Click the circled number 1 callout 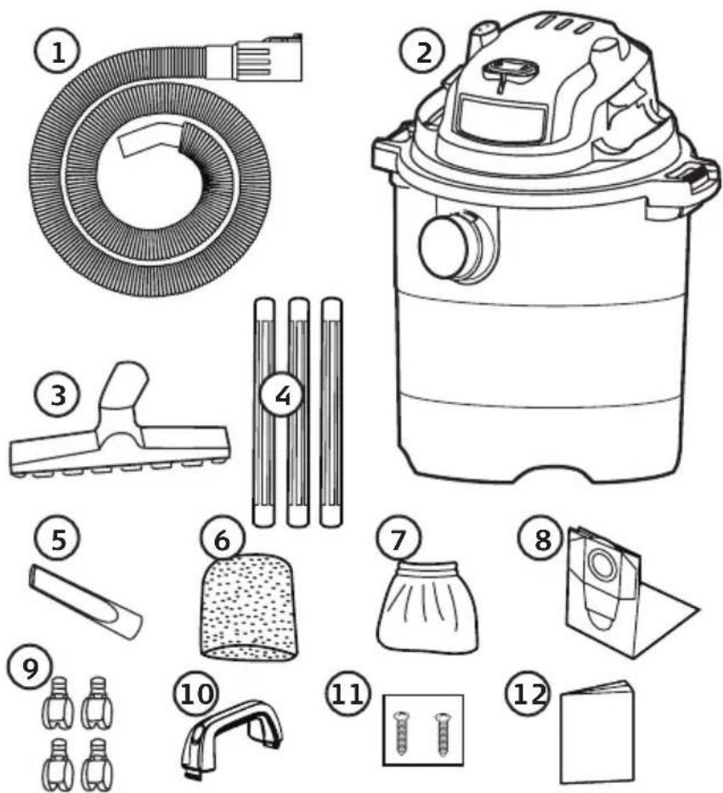pyautogui.click(x=57, y=52)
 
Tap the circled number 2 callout pyautogui.click(x=423, y=53)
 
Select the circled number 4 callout pyautogui.click(x=283, y=395)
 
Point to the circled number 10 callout pyautogui.click(x=196, y=694)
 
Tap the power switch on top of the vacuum pyautogui.click(x=511, y=70)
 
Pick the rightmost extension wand pyautogui.click(x=331, y=412)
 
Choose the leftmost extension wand pyautogui.click(x=264, y=412)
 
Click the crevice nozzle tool pyautogui.click(x=86, y=601)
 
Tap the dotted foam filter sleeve pyautogui.click(x=250, y=606)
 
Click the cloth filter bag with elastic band pyautogui.click(x=427, y=606)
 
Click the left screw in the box pyautogui.click(x=402, y=733)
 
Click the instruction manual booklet pyautogui.click(x=598, y=733)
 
